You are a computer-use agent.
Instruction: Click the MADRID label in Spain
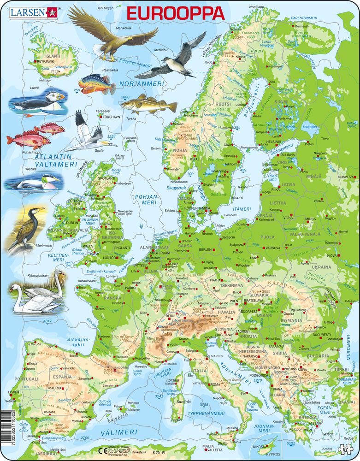(54, 388)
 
